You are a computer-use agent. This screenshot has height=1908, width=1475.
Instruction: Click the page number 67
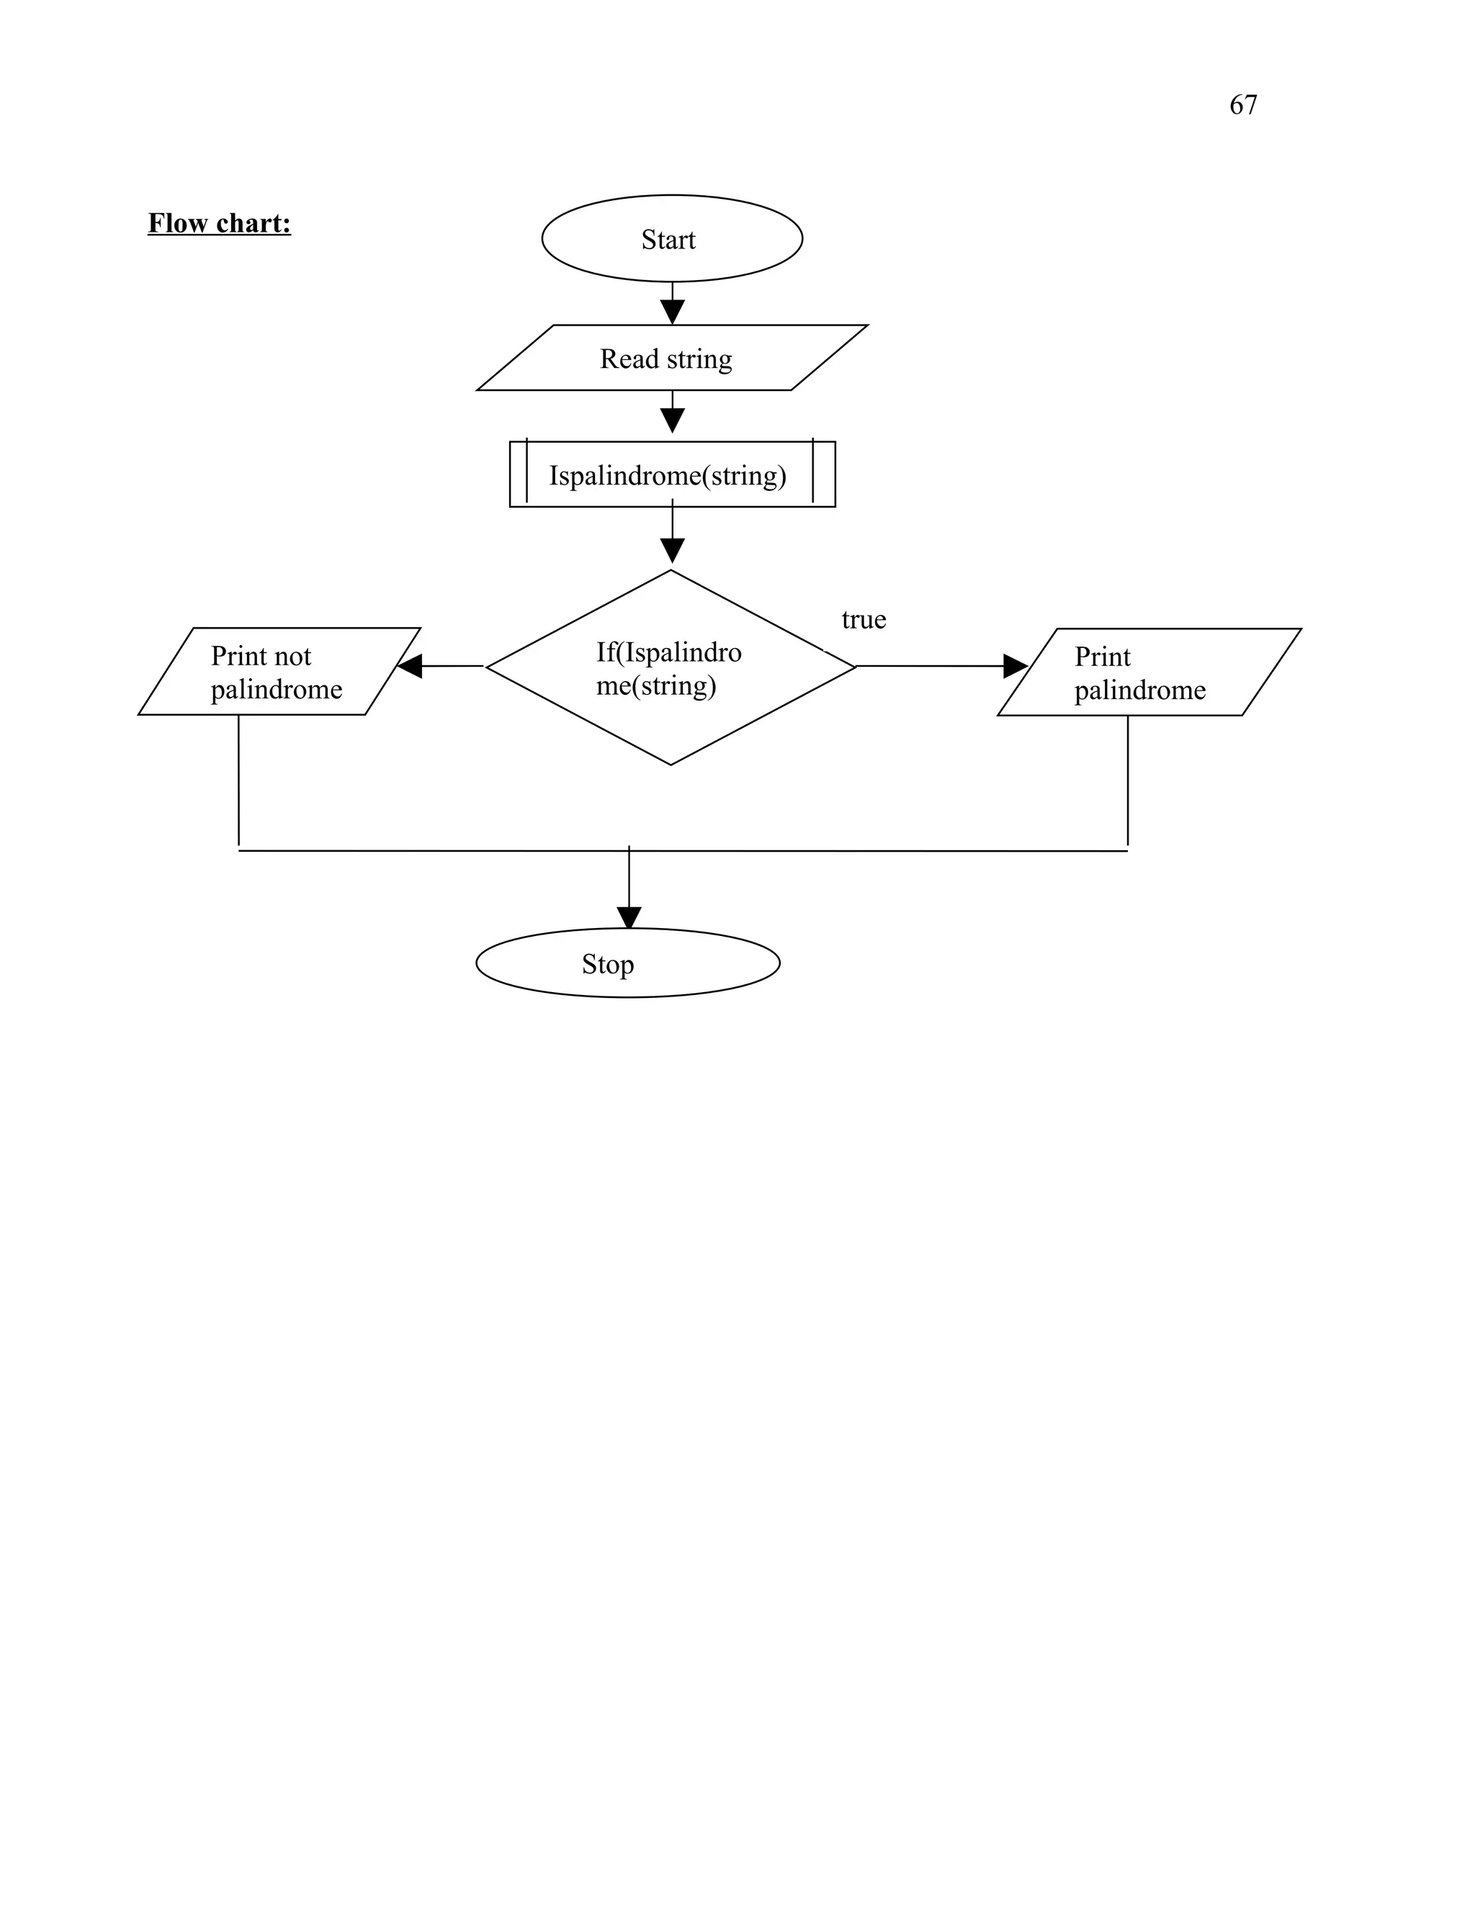[1242, 105]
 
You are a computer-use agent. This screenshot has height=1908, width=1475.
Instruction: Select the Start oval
[671, 238]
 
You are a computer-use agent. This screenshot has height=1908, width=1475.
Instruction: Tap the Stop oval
[627, 963]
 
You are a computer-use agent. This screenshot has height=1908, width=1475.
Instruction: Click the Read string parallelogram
[671, 358]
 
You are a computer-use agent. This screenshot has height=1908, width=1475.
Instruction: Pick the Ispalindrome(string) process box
[671, 474]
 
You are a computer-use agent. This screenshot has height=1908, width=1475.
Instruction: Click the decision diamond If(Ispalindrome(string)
[671, 668]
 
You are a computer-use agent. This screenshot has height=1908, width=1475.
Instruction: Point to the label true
[864, 619]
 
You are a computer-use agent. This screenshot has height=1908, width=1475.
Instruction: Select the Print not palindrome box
[278, 672]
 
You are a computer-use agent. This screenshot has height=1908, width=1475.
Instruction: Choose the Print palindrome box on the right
[1148, 672]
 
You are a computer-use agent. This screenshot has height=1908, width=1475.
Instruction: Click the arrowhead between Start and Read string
[672, 312]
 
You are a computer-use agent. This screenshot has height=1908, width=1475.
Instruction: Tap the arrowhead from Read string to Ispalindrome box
[672, 420]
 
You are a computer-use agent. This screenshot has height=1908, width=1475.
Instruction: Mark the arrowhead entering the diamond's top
[672, 550]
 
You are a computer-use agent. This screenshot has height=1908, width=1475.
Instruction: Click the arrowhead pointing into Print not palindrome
[410, 667]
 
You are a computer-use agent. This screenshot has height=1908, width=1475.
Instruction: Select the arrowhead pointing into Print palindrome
[1015, 667]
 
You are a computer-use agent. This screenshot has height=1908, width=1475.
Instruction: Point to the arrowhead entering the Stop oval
[629, 917]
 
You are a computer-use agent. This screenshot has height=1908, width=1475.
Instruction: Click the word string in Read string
[699, 359]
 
